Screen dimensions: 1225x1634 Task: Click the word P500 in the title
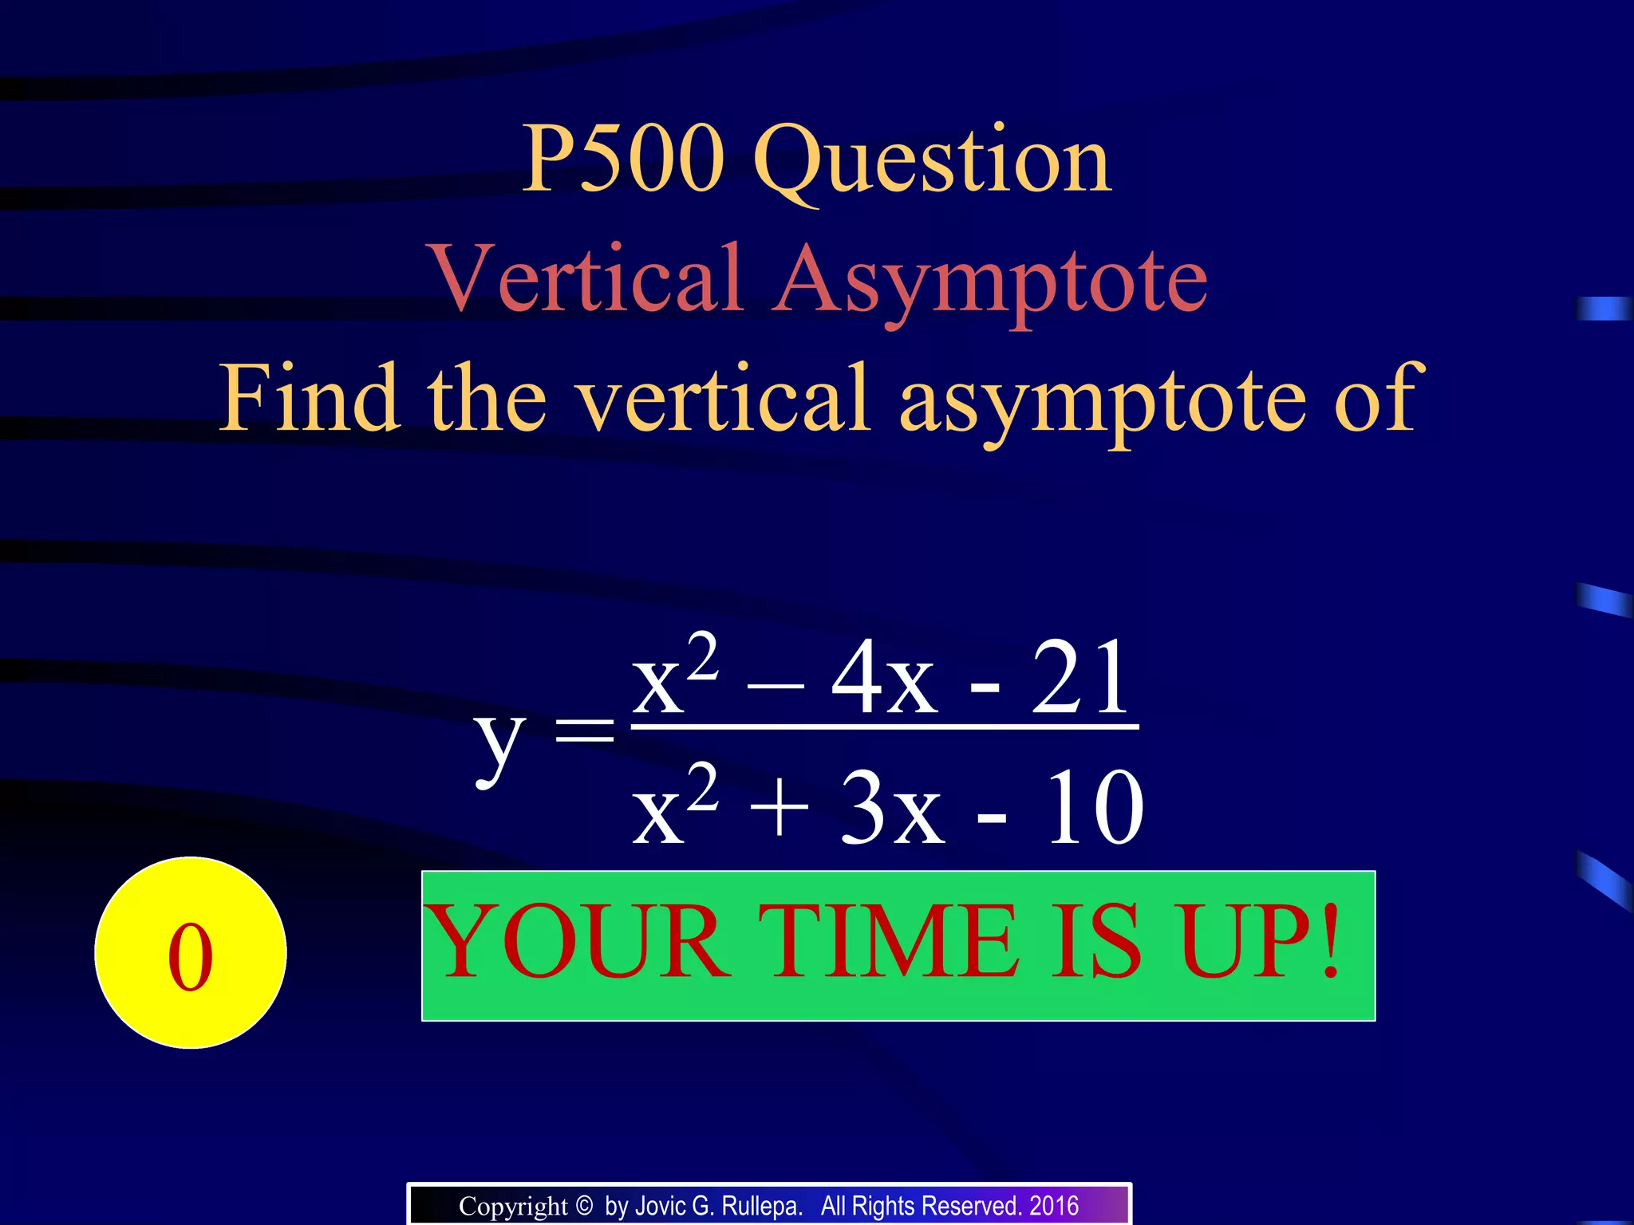coord(623,160)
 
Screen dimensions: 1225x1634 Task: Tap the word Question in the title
coord(931,163)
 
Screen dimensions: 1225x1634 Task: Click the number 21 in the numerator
coord(1080,679)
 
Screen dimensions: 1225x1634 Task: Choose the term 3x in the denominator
coord(891,809)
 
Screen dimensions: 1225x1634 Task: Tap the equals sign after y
coord(585,730)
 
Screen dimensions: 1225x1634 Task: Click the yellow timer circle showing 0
coord(191,952)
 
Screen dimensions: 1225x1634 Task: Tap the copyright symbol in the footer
coord(584,1205)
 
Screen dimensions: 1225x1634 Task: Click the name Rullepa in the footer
coord(761,1206)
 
